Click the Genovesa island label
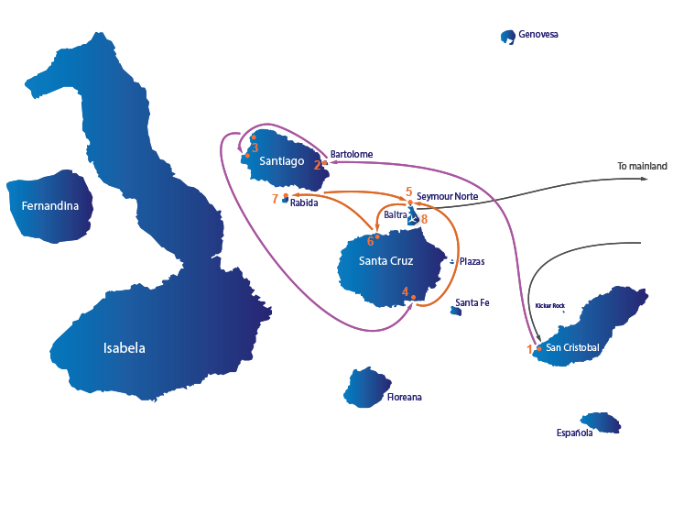tap(538, 34)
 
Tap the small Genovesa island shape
tap(508, 37)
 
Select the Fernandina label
tap(50, 206)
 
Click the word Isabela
tap(124, 348)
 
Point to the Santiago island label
tap(282, 161)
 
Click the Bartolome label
tap(352, 154)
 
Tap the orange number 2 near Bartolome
tap(317, 165)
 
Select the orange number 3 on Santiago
tap(255, 148)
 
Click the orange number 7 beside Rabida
tap(275, 199)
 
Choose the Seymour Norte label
tap(447, 196)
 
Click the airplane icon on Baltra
tap(413, 219)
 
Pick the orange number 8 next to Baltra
tap(424, 219)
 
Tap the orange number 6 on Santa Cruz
tap(371, 241)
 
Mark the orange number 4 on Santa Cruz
tap(405, 292)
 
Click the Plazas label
tap(472, 261)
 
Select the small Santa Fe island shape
tap(456, 311)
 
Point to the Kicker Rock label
tap(549, 306)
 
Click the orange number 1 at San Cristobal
tap(529, 349)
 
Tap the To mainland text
tap(642, 166)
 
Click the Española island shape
tap(601, 422)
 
